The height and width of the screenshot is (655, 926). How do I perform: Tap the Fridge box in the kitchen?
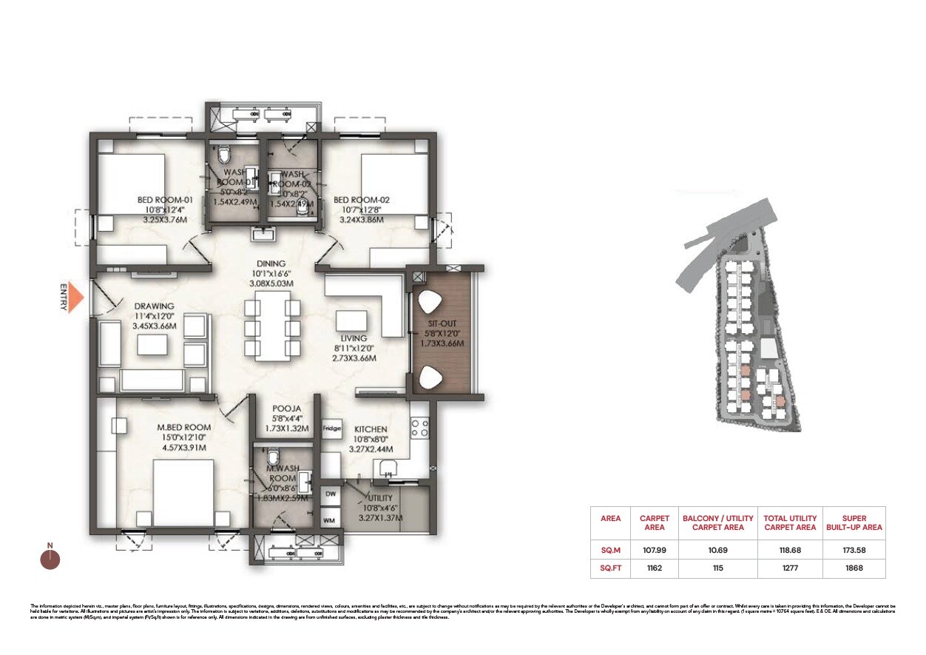pos(331,429)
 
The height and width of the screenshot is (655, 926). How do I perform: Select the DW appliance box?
pos(330,494)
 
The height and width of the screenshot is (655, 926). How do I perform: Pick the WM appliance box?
pos(330,520)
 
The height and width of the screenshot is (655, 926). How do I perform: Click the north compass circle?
pos(50,560)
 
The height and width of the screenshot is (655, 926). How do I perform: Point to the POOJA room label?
pos(285,408)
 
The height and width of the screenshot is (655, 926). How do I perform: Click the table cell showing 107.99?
pos(654,550)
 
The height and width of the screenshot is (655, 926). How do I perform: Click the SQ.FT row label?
pos(610,568)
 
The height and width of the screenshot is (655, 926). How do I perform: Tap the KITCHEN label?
pos(371,429)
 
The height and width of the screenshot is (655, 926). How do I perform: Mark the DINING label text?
pos(271,263)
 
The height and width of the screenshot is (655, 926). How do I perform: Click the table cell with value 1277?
pos(790,568)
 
